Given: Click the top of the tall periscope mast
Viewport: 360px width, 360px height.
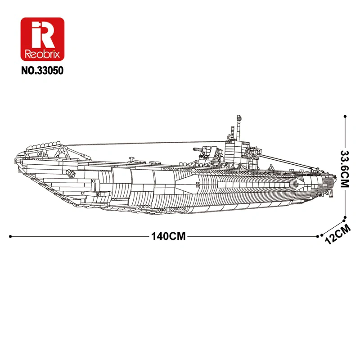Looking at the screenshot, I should coord(237,118).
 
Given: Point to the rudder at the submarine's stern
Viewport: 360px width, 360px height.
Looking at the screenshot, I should coord(332,189).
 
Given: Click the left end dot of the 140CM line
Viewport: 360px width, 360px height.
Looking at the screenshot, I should coord(10,236).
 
